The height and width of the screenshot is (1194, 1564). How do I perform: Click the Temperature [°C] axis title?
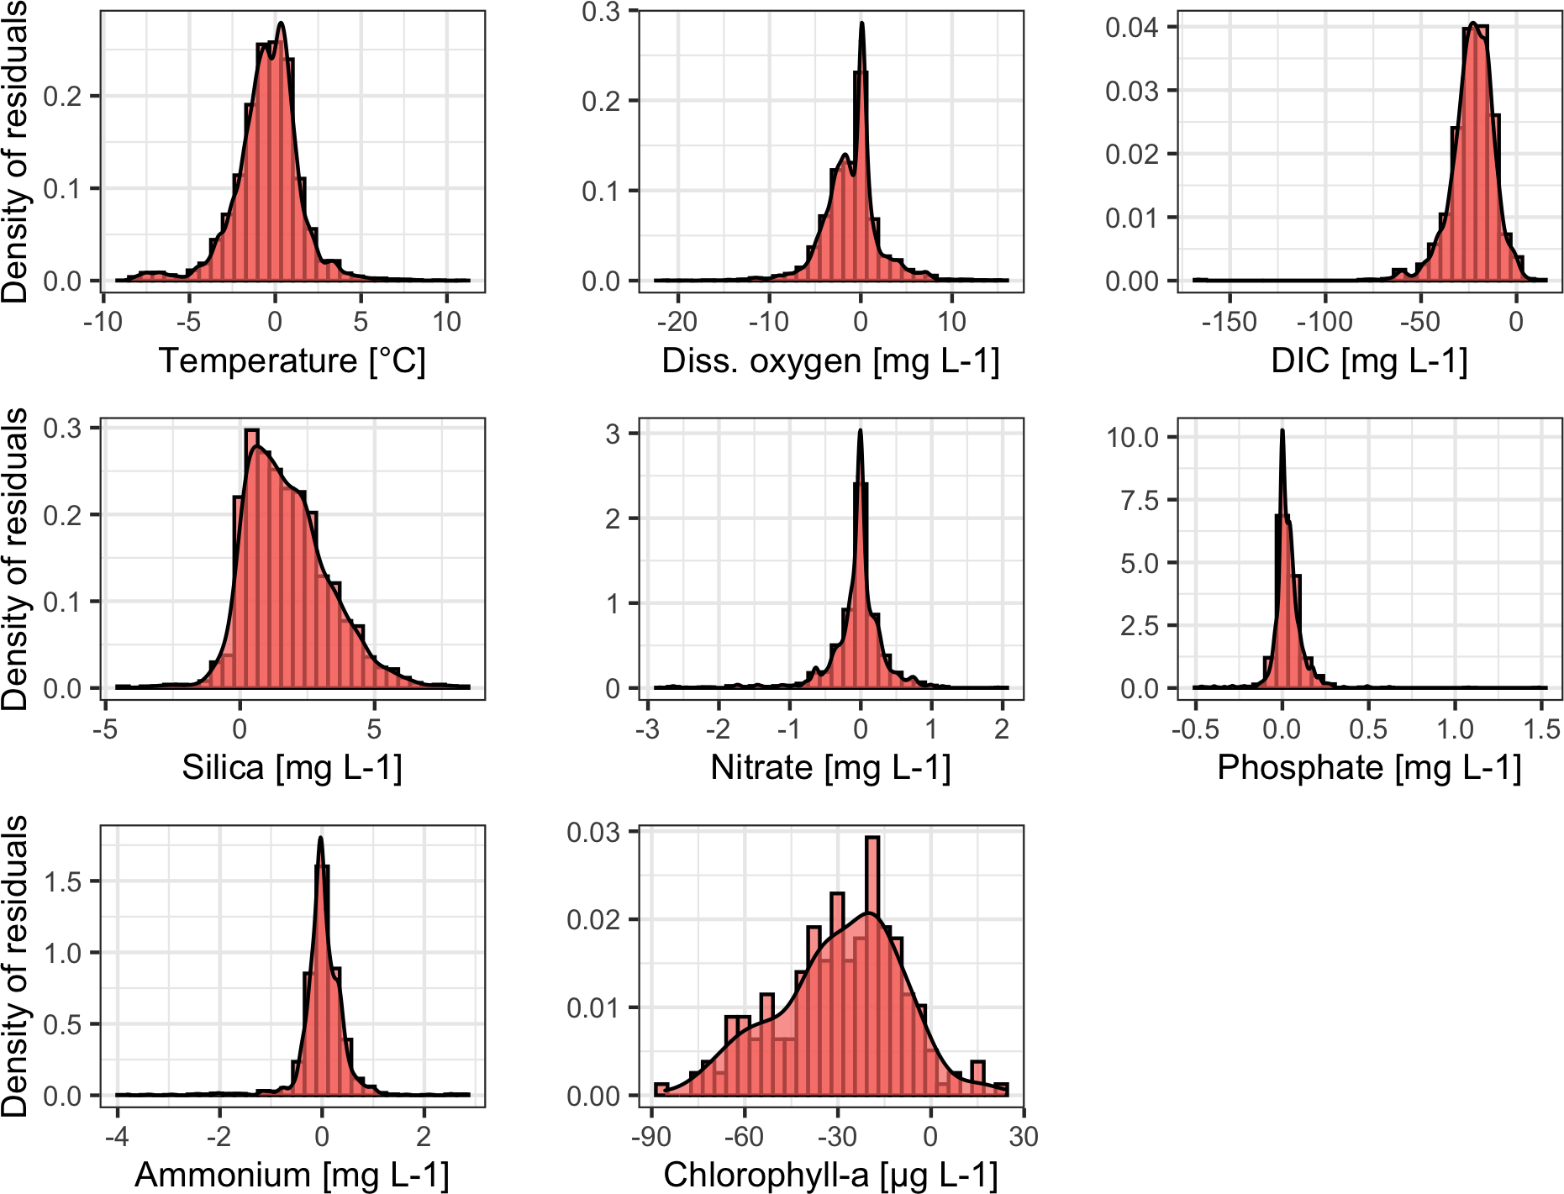292,361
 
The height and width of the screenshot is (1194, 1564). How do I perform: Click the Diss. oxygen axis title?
830,361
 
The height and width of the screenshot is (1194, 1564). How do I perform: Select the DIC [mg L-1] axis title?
1369,361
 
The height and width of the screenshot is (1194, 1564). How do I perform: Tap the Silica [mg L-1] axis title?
292,768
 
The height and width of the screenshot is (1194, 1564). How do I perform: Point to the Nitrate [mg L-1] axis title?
830,768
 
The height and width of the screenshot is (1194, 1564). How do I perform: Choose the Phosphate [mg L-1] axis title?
1369,768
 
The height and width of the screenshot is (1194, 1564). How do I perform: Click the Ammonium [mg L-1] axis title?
292,1175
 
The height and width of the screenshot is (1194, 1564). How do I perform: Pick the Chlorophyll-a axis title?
830,1175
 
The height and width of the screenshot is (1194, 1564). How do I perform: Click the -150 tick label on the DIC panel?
1229,322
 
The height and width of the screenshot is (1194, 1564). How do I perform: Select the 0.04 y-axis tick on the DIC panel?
1131,28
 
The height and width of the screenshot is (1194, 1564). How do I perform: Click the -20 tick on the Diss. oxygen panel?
677,322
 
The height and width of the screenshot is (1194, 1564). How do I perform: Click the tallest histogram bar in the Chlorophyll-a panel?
872,966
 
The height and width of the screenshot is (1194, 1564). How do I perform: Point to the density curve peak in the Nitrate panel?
860,432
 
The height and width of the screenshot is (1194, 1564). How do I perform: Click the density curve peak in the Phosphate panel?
1282,432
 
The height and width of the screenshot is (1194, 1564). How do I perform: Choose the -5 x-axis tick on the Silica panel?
105,728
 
